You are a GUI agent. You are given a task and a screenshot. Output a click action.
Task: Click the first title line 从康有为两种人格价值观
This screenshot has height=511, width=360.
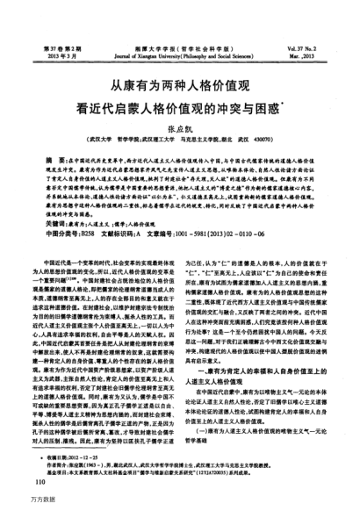pyautogui.click(x=181, y=88)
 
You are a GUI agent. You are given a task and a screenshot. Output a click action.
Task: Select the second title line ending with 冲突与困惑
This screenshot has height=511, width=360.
pyautogui.click(x=181, y=112)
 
